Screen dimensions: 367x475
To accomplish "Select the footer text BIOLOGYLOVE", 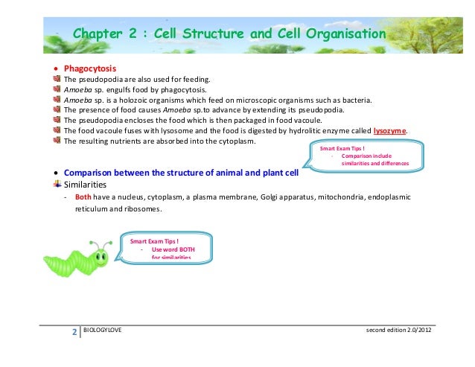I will click(x=103, y=329).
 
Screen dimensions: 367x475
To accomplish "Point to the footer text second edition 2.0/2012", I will click(x=398, y=329).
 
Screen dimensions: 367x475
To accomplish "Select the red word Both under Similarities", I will click(x=83, y=197).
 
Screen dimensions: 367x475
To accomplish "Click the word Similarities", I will click(x=85, y=183).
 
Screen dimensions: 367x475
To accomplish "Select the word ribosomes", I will click(x=141, y=210).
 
